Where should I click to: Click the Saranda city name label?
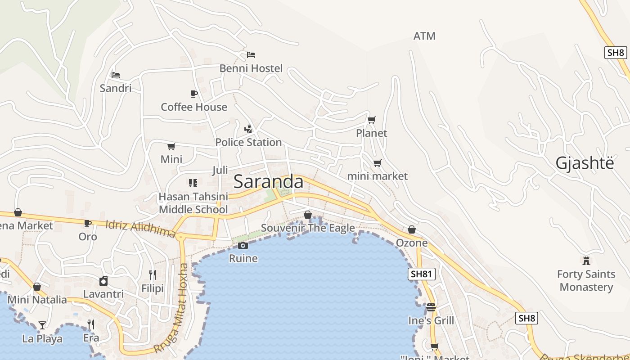269,182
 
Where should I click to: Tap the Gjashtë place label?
585,163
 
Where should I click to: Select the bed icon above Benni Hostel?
251,55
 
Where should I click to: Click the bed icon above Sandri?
116,75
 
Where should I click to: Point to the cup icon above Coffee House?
194,94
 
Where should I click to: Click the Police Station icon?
248,129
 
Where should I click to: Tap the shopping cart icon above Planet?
371,120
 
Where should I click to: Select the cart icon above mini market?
377,163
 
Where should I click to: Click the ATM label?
424,36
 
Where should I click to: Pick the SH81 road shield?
422,274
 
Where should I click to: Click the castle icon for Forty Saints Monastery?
586,261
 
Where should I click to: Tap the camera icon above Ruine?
243,245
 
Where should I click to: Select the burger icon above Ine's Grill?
431,307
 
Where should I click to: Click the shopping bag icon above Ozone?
412,230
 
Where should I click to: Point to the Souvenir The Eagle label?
308,228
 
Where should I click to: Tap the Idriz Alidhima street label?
140,229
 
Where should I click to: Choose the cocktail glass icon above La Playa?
42,325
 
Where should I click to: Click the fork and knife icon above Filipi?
153,274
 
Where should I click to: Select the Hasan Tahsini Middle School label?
193,203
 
